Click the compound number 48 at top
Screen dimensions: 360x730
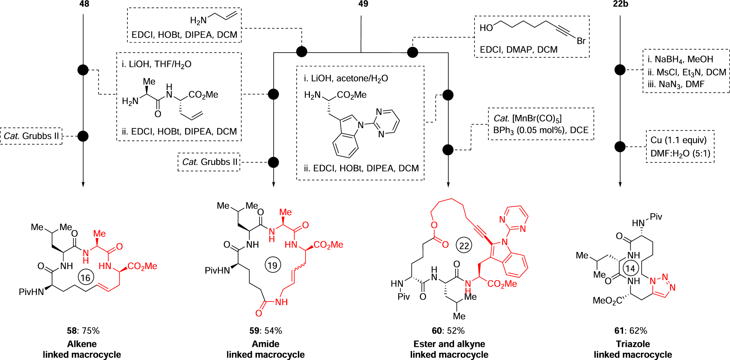(x=84, y=4)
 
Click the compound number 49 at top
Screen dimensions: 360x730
(x=363, y=4)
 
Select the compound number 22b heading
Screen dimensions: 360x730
(x=620, y=4)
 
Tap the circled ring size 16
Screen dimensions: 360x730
(x=85, y=278)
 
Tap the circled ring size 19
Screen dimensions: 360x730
(x=273, y=265)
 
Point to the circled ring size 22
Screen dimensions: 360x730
(x=464, y=246)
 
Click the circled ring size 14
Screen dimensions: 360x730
(x=630, y=269)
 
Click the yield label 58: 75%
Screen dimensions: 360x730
(x=83, y=331)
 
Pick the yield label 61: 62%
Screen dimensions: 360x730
(x=630, y=331)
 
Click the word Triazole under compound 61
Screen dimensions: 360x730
(x=633, y=344)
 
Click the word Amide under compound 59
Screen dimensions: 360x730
(x=265, y=344)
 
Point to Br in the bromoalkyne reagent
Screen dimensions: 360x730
(x=581, y=41)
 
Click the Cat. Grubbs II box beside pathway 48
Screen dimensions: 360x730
(x=31, y=136)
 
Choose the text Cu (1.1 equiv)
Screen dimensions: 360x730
(x=679, y=140)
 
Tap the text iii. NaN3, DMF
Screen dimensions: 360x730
(x=676, y=84)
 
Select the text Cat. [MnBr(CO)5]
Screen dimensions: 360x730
(x=528, y=119)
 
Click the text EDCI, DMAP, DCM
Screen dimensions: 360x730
(x=518, y=50)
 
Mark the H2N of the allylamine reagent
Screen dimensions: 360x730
(x=198, y=21)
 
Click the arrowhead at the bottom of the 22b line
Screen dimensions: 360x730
(x=620, y=184)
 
